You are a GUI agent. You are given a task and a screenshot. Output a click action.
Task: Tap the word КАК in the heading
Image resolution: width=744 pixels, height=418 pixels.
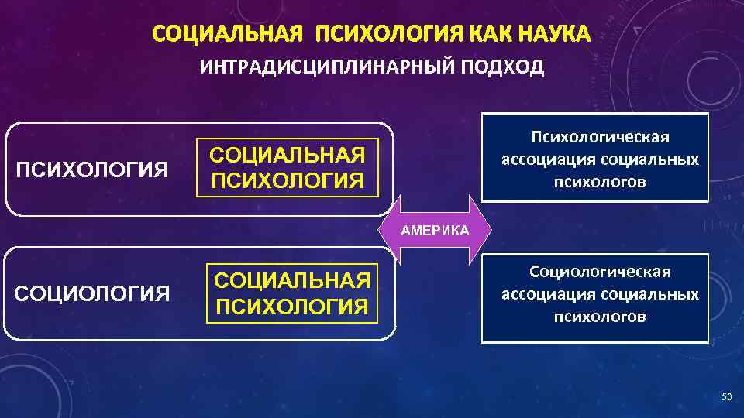[481, 35]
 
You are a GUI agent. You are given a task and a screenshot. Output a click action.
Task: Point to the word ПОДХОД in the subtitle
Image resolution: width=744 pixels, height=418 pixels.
[504, 68]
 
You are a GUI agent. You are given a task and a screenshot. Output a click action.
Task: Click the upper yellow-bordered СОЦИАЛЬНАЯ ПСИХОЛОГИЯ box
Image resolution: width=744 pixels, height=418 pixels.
[288, 168]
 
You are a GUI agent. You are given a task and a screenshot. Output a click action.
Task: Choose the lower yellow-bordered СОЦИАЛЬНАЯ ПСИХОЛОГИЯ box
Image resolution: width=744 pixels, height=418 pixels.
[291, 293]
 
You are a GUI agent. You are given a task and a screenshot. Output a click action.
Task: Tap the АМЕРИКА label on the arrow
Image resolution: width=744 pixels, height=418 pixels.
[435, 231]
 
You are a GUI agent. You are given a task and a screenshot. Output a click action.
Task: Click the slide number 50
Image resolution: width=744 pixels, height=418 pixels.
[726, 397]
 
